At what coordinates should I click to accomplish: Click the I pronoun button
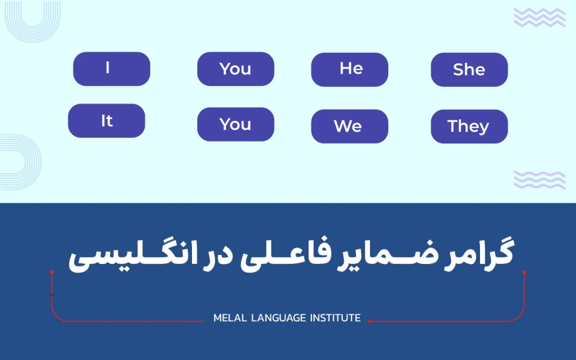(111, 69)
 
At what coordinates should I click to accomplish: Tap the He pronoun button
(349, 69)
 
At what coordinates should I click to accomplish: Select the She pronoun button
(469, 69)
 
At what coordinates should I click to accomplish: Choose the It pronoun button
(107, 121)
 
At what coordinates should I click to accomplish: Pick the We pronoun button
(349, 126)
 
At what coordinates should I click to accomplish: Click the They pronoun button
(469, 126)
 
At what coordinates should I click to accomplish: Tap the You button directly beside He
(235, 69)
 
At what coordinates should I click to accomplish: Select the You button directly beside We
(235, 124)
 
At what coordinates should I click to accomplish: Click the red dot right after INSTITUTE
(370, 321)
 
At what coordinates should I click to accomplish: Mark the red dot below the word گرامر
(524, 272)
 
